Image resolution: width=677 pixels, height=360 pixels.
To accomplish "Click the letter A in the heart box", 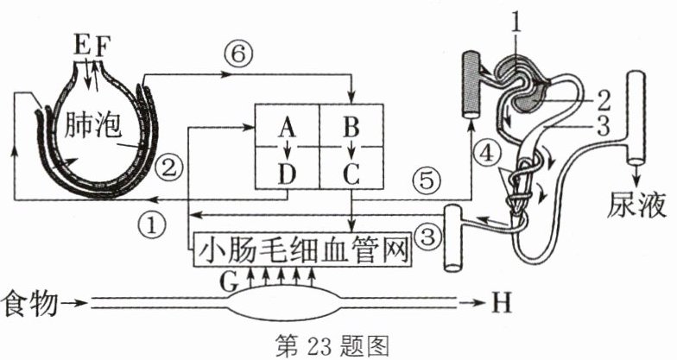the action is tap(287, 128).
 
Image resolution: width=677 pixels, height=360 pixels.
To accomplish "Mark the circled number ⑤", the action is tap(427, 180).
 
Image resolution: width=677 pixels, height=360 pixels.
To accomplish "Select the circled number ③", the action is tap(427, 237).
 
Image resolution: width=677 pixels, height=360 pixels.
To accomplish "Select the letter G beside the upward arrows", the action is tap(229, 283).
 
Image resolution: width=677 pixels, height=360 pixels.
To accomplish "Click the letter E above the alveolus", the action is tap(82, 47).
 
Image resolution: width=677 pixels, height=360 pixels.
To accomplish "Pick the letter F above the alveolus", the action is tap(103, 47).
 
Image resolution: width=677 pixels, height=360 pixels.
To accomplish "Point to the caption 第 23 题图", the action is tap(332, 347).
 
